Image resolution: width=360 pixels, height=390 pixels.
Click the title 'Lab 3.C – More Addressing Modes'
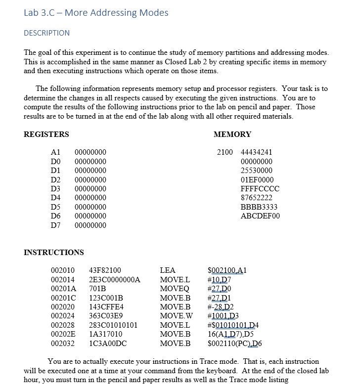click(x=96, y=13)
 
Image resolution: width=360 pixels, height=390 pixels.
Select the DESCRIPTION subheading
click(x=47, y=33)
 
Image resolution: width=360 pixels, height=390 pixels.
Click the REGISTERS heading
click(x=46, y=134)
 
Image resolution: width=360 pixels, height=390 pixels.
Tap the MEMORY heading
click(x=232, y=134)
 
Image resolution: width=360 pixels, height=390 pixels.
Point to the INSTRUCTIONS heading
click(x=54, y=253)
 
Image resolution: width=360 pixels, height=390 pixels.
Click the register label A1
click(x=56, y=152)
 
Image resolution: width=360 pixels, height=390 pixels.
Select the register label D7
click(x=56, y=225)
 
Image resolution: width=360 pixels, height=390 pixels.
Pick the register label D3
click(x=56, y=189)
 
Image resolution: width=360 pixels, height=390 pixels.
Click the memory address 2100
click(x=225, y=152)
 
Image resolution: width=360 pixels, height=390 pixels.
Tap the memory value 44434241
click(x=256, y=152)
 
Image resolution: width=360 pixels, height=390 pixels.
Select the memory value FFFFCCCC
click(x=260, y=189)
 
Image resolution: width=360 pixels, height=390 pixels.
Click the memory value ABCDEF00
click(x=260, y=216)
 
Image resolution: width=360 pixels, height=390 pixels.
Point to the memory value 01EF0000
click(x=257, y=180)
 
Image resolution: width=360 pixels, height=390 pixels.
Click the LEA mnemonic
click(x=168, y=270)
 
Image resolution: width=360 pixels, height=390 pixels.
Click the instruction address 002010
click(x=63, y=270)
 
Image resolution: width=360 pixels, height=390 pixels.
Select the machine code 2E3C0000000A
click(x=114, y=280)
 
